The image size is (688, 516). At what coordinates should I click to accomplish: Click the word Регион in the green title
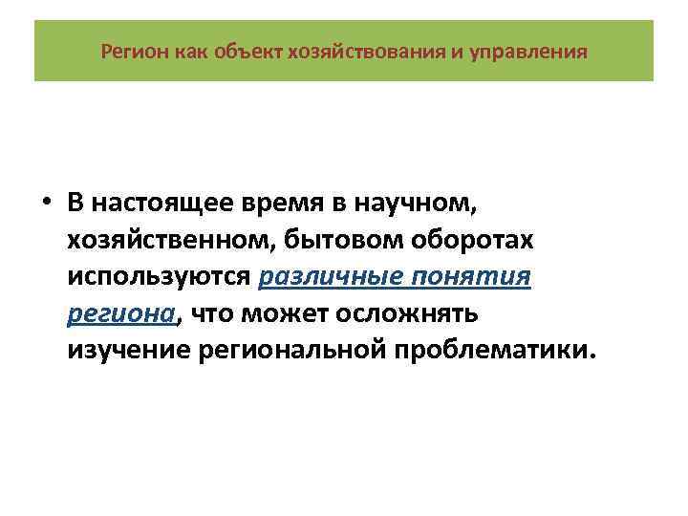pos(134,50)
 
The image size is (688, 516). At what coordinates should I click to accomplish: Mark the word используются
pos(159,278)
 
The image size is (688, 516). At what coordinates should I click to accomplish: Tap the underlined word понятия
pos(473,278)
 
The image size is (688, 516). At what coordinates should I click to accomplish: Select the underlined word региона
pos(121,312)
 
